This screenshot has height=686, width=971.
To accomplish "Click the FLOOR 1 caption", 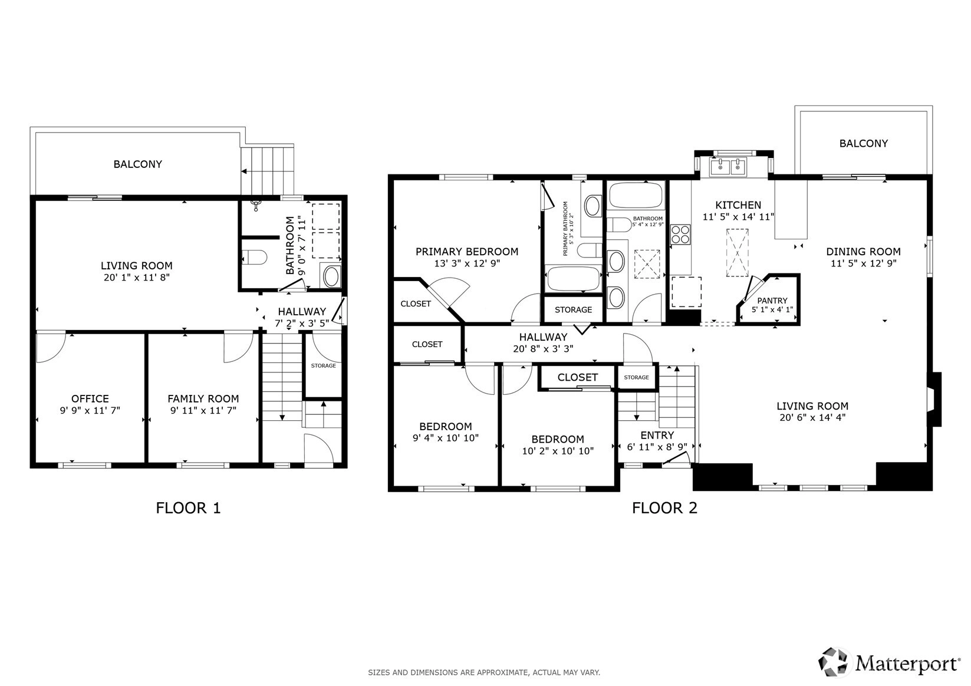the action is pos(188,508).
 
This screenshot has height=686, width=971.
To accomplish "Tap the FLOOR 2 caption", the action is pos(664,508).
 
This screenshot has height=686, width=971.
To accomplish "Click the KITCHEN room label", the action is pos(738,205).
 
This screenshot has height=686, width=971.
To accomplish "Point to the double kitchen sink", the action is pos(728,167).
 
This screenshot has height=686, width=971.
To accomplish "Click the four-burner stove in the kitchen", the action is pos(680,235).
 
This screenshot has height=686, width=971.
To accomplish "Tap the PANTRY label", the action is pos(772,301).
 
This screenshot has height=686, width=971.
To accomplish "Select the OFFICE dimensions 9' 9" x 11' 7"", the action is pos(90,410).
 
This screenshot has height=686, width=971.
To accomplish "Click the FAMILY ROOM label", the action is pos(203,398).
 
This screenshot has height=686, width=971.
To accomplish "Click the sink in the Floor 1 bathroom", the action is pos(331,276).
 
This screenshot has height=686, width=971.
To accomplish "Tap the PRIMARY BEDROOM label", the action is pos(467,252).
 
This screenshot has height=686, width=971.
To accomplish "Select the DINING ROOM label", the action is pos(864,252).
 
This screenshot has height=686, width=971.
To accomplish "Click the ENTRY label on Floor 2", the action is pos(657,435).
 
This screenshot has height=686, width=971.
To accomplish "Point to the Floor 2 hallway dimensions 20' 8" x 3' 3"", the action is pos(543,348).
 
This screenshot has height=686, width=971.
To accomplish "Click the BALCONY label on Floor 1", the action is pos(138,164).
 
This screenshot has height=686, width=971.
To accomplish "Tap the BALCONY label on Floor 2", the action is pos(864,143).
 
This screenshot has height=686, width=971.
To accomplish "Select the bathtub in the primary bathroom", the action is pos(574,279).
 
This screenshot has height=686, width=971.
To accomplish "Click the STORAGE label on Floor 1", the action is pos(324,366).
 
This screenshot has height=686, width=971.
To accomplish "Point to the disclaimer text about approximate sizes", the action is pos(484,672).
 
